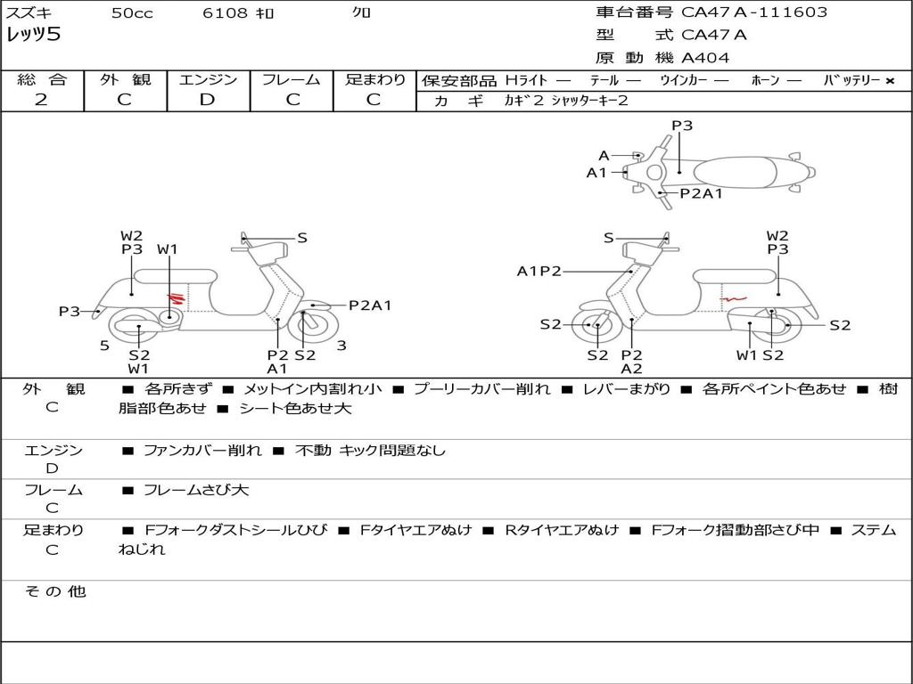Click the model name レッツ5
33,36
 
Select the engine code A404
705,58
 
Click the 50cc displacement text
132,12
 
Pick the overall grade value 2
41,100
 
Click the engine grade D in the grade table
207,100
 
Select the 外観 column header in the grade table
125,79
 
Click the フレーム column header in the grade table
291,79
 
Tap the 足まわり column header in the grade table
375,79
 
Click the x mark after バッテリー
889,80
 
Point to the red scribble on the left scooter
177,298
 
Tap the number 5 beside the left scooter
104,346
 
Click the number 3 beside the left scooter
341,346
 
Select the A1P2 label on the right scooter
539,271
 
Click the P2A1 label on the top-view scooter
701,192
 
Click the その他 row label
54,591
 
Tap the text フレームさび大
196,490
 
